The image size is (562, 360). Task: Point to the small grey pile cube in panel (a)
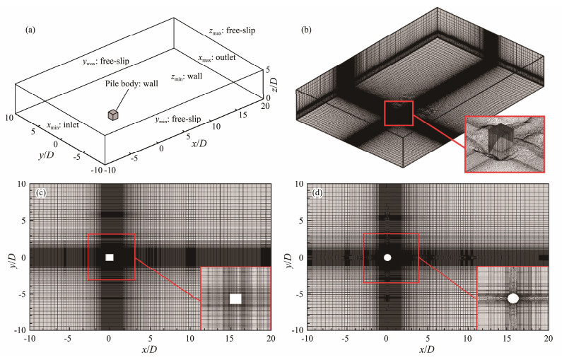coord(114,115)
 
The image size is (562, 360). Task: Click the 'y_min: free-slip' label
coord(173,118)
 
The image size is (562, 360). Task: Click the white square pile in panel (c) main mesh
coord(109,257)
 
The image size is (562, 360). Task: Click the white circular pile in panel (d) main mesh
coord(387,257)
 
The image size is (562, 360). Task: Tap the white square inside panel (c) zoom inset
coord(236,298)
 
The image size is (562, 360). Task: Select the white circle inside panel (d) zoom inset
coord(513,298)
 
